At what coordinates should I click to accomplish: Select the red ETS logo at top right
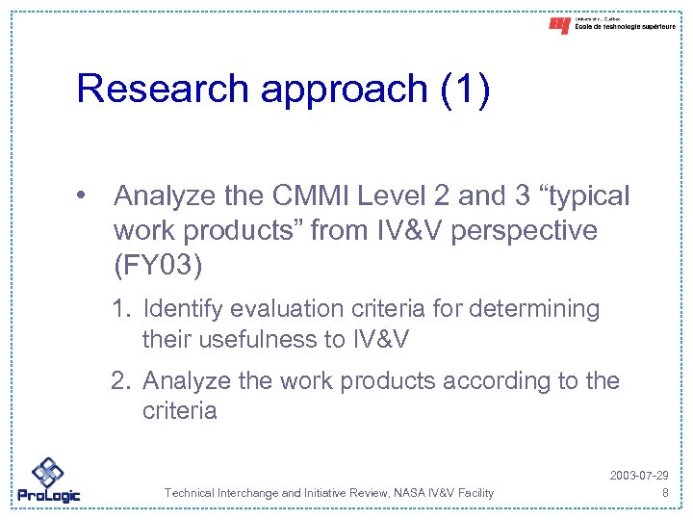[x=559, y=26]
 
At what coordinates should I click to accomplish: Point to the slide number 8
[x=664, y=493]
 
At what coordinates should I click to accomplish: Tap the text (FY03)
[x=158, y=265]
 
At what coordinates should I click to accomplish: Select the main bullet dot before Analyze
[x=88, y=196]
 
